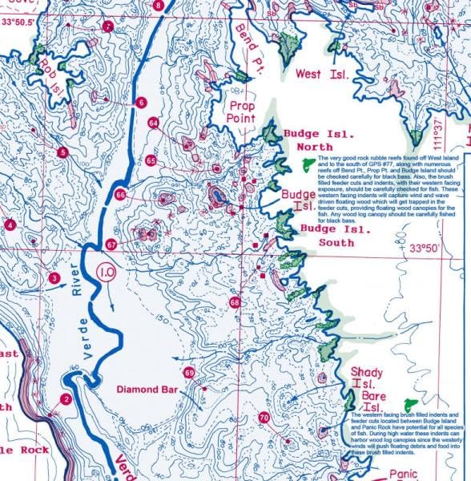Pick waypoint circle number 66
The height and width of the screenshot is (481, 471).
click(x=121, y=195)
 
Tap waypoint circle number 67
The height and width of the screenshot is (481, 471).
click(x=112, y=245)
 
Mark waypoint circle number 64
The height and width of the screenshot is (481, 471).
click(x=153, y=123)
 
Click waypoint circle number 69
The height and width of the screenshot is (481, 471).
click(x=189, y=373)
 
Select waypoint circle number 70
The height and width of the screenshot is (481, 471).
click(x=264, y=418)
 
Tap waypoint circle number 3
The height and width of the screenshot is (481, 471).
click(x=54, y=278)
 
